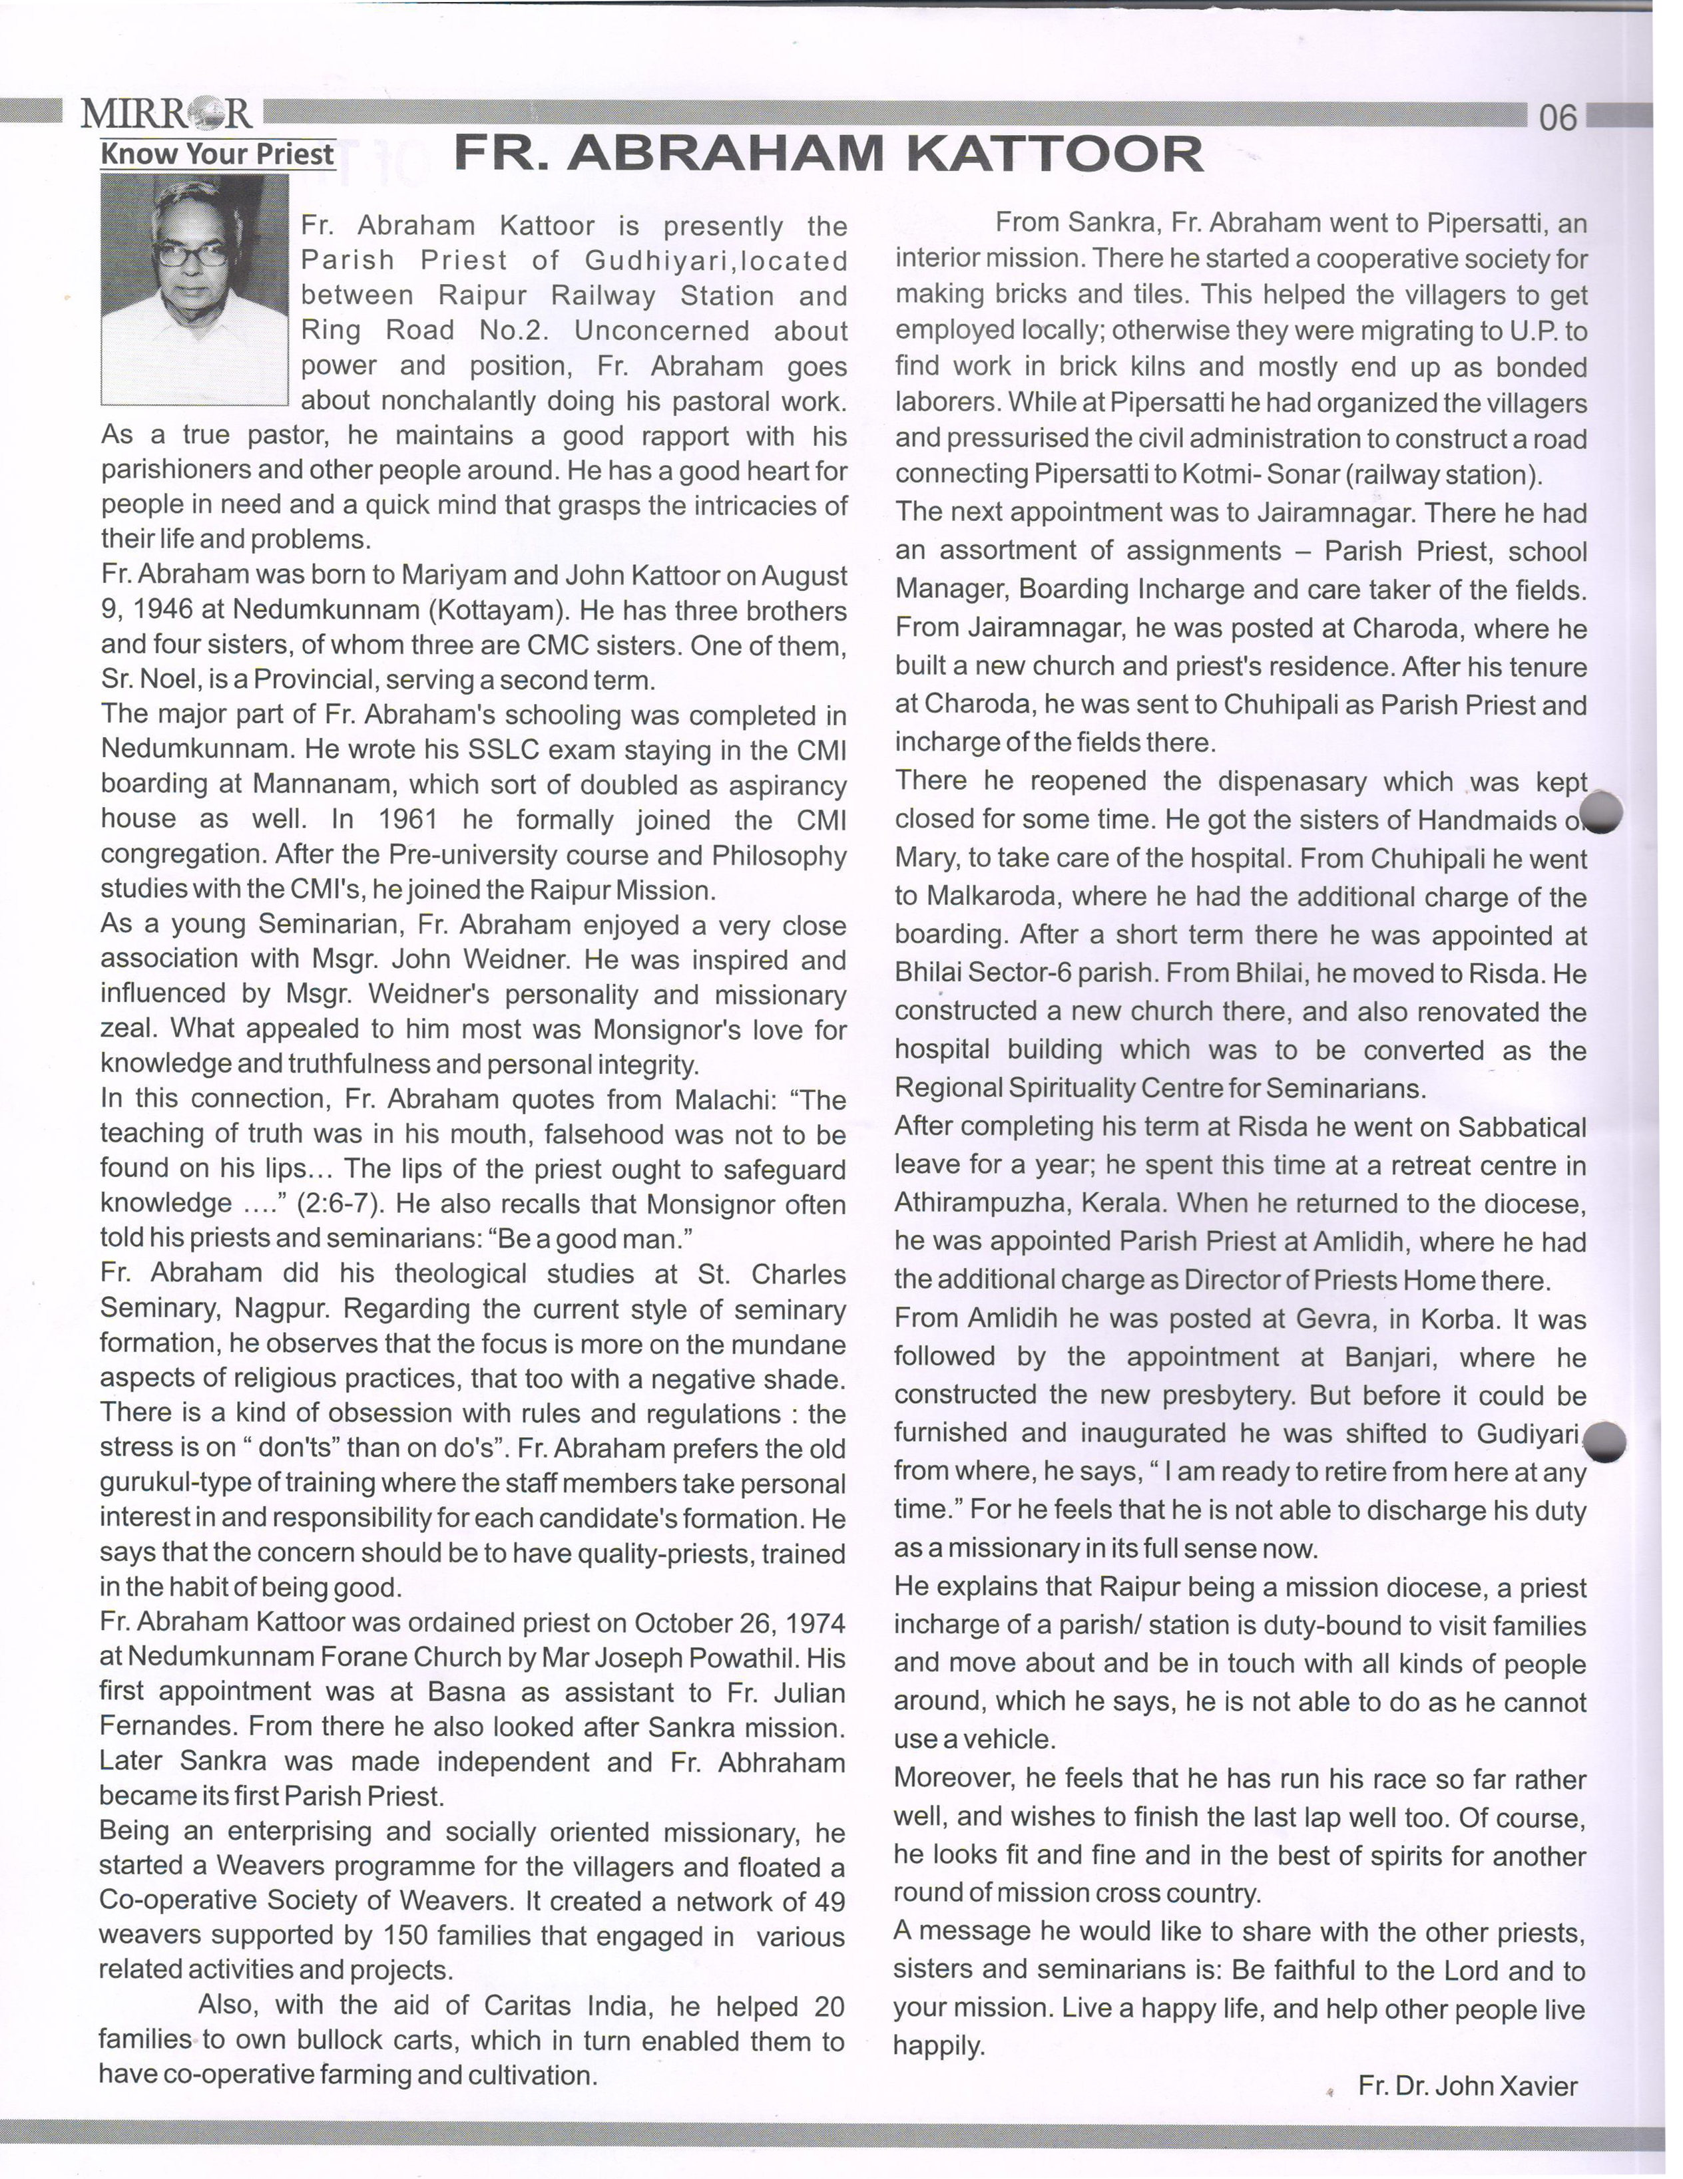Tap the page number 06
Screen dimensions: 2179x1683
click(1559, 118)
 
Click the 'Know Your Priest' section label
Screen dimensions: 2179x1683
click(218, 154)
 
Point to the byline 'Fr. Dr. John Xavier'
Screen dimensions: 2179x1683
click(1467, 2085)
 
